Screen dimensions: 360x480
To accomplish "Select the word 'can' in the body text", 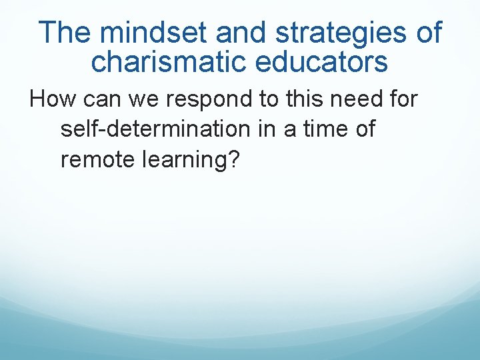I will [x=98, y=100].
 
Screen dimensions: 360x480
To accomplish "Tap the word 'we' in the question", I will [x=138, y=100].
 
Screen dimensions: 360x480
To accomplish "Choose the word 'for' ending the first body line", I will [x=401, y=100].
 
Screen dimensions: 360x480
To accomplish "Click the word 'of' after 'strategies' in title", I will [x=426, y=32].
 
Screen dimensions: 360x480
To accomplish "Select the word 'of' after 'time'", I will [x=365, y=129].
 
